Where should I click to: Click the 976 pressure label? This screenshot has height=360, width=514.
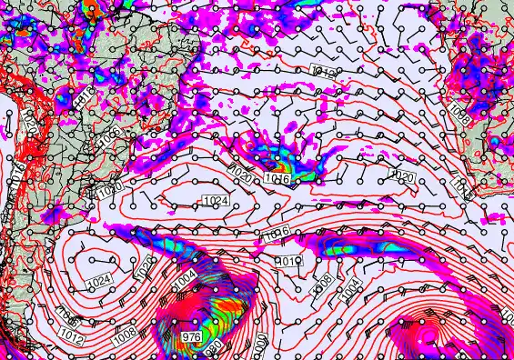point(191,337)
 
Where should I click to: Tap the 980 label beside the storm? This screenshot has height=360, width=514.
point(213,346)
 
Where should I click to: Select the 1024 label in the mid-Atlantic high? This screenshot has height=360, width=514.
point(217,200)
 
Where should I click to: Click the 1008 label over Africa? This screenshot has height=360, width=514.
point(460,116)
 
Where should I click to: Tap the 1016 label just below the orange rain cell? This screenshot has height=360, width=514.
point(278,180)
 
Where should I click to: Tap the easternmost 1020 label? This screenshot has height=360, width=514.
point(402,175)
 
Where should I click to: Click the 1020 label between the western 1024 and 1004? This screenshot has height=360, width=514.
point(145,268)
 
